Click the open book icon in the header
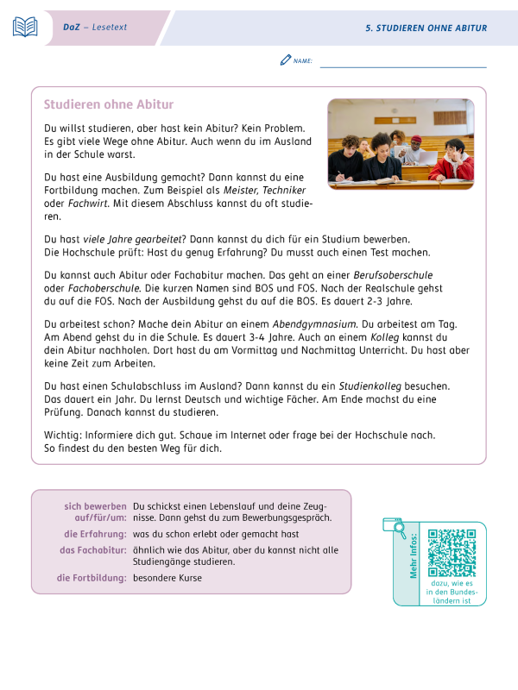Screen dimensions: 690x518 pyautogui.click(x=25, y=27)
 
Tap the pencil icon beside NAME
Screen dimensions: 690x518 pyautogui.click(x=286, y=60)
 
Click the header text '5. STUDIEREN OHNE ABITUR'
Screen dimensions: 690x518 pyautogui.click(x=426, y=28)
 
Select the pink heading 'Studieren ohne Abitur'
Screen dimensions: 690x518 pyautogui.click(x=109, y=104)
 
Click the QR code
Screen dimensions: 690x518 pyautogui.click(x=452, y=552)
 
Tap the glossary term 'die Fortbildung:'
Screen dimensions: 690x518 pyautogui.click(x=92, y=578)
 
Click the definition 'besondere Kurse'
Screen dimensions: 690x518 pyautogui.click(x=167, y=578)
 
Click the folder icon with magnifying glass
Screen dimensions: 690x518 pyautogui.click(x=395, y=528)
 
